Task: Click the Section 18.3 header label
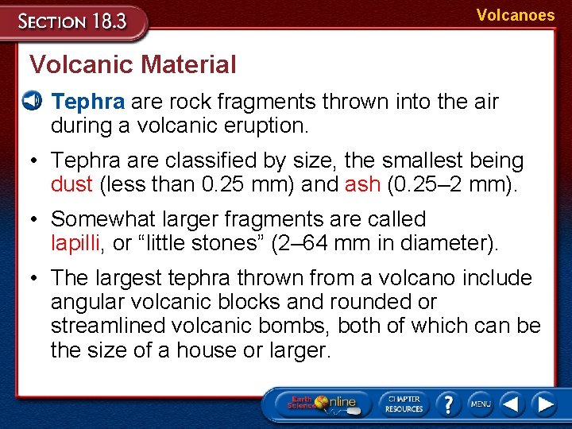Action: (73, 21)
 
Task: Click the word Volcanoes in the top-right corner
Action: (516, 15)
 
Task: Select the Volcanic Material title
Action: (133, 64)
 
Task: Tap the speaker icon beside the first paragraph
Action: (32, 101)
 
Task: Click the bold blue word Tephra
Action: (87, 102)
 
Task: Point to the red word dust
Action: (71, 184)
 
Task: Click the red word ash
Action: (363, 184)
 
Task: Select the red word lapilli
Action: (76, 243)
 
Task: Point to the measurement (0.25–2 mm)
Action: (450, 184)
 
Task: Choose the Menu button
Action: (480, 404)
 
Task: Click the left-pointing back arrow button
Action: (512, 404)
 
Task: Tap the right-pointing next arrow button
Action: (545, 404)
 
